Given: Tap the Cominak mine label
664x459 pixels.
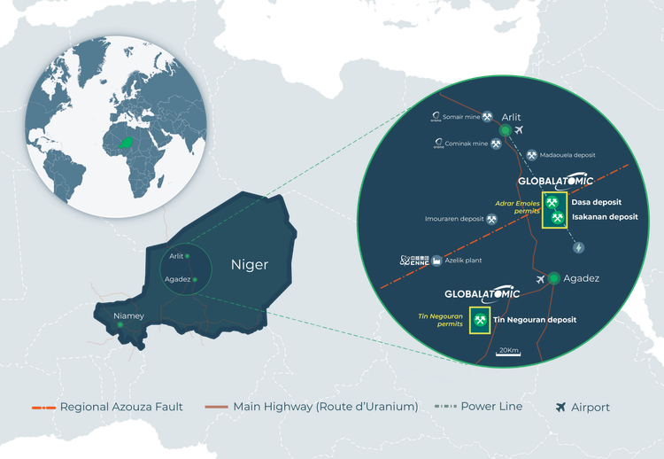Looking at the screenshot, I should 468,143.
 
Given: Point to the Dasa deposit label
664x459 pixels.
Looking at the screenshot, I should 595,202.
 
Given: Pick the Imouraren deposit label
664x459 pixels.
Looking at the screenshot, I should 453,218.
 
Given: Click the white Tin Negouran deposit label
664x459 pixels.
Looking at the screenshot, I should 534,319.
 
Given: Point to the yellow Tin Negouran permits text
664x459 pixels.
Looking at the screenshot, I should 440,320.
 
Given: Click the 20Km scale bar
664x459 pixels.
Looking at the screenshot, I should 508,354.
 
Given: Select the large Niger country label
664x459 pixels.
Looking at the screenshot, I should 249,265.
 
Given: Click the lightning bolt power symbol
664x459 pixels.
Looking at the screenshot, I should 580,248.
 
